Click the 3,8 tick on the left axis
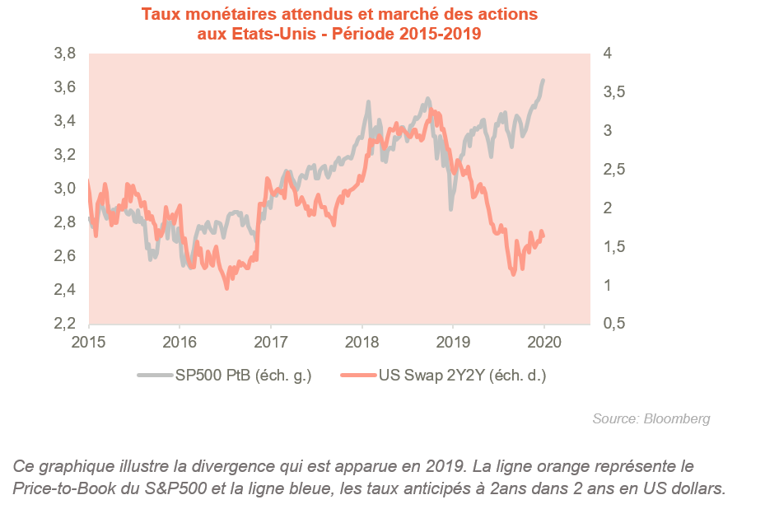tap(65, 54)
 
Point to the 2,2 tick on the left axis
tap(65, 324)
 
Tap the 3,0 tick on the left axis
tap(65, 189)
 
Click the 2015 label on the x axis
tap(89, 341)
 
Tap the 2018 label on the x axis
tap(362, 341)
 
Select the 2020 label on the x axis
tap(543, 341)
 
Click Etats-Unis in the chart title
tap(236, 35)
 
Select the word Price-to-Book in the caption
tap(54, 488)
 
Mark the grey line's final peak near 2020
tap(543, 80)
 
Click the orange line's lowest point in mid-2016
tap(226, 287)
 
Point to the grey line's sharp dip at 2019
tap(450, 209)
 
